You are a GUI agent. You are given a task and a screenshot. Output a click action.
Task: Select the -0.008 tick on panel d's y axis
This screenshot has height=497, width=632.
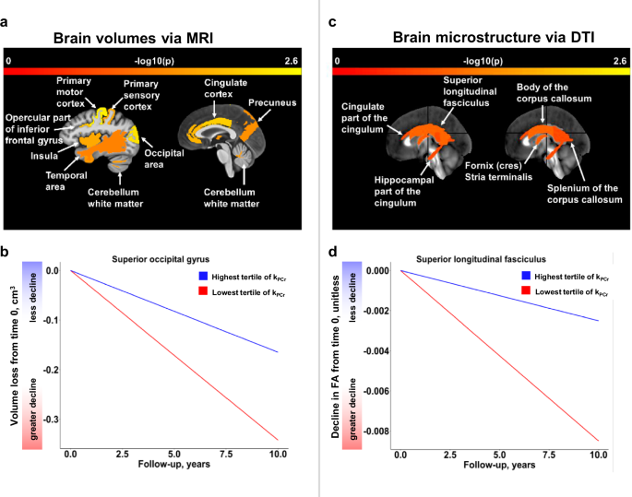point(373,431)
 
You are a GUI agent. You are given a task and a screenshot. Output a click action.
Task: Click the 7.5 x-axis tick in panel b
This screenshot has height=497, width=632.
point(212,456)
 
